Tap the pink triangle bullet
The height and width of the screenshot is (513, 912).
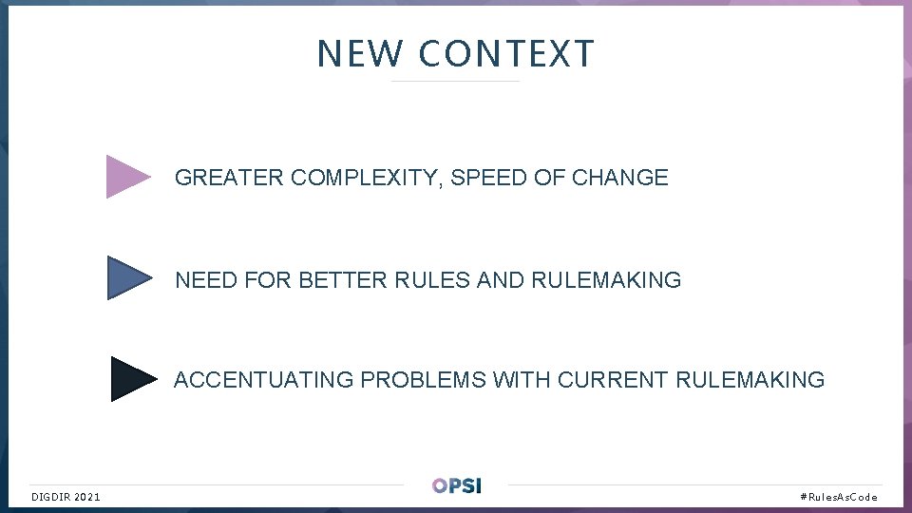[x=126, y=176]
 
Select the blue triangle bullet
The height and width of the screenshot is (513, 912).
[x=127, y=278]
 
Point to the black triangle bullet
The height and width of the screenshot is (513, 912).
[x=130, y=379]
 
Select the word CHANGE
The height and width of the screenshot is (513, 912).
[x=620, y=178]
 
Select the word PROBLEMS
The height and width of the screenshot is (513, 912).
[x=423, y=380]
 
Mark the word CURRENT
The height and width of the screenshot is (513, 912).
[x=613, y=380]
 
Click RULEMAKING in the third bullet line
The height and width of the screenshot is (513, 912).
[x=750, y=380]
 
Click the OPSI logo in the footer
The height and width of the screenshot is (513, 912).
[x=456, y=485]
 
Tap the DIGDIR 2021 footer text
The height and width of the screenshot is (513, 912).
[x=66, y=497]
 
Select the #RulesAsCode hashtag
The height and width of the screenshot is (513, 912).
[x=839, y=497]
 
